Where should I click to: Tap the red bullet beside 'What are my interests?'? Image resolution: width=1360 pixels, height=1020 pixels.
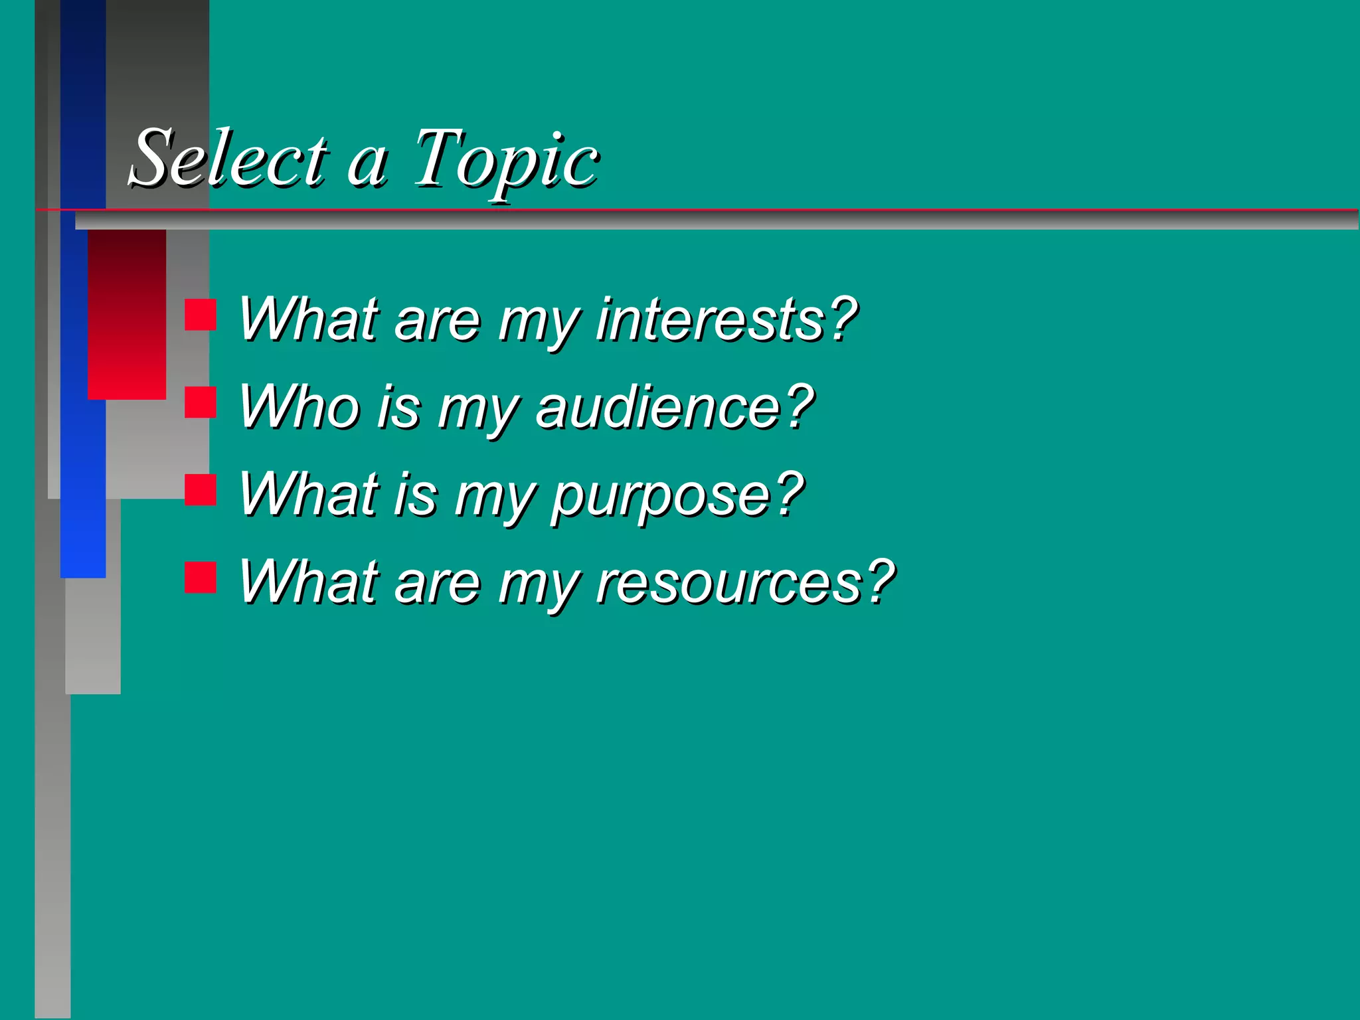(201, 315)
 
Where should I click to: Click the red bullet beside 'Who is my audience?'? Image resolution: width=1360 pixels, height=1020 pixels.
(201, 402)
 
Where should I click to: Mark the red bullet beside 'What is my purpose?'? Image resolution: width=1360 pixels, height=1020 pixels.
(201, 490)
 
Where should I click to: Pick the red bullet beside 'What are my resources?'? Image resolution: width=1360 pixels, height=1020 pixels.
(201, 577)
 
